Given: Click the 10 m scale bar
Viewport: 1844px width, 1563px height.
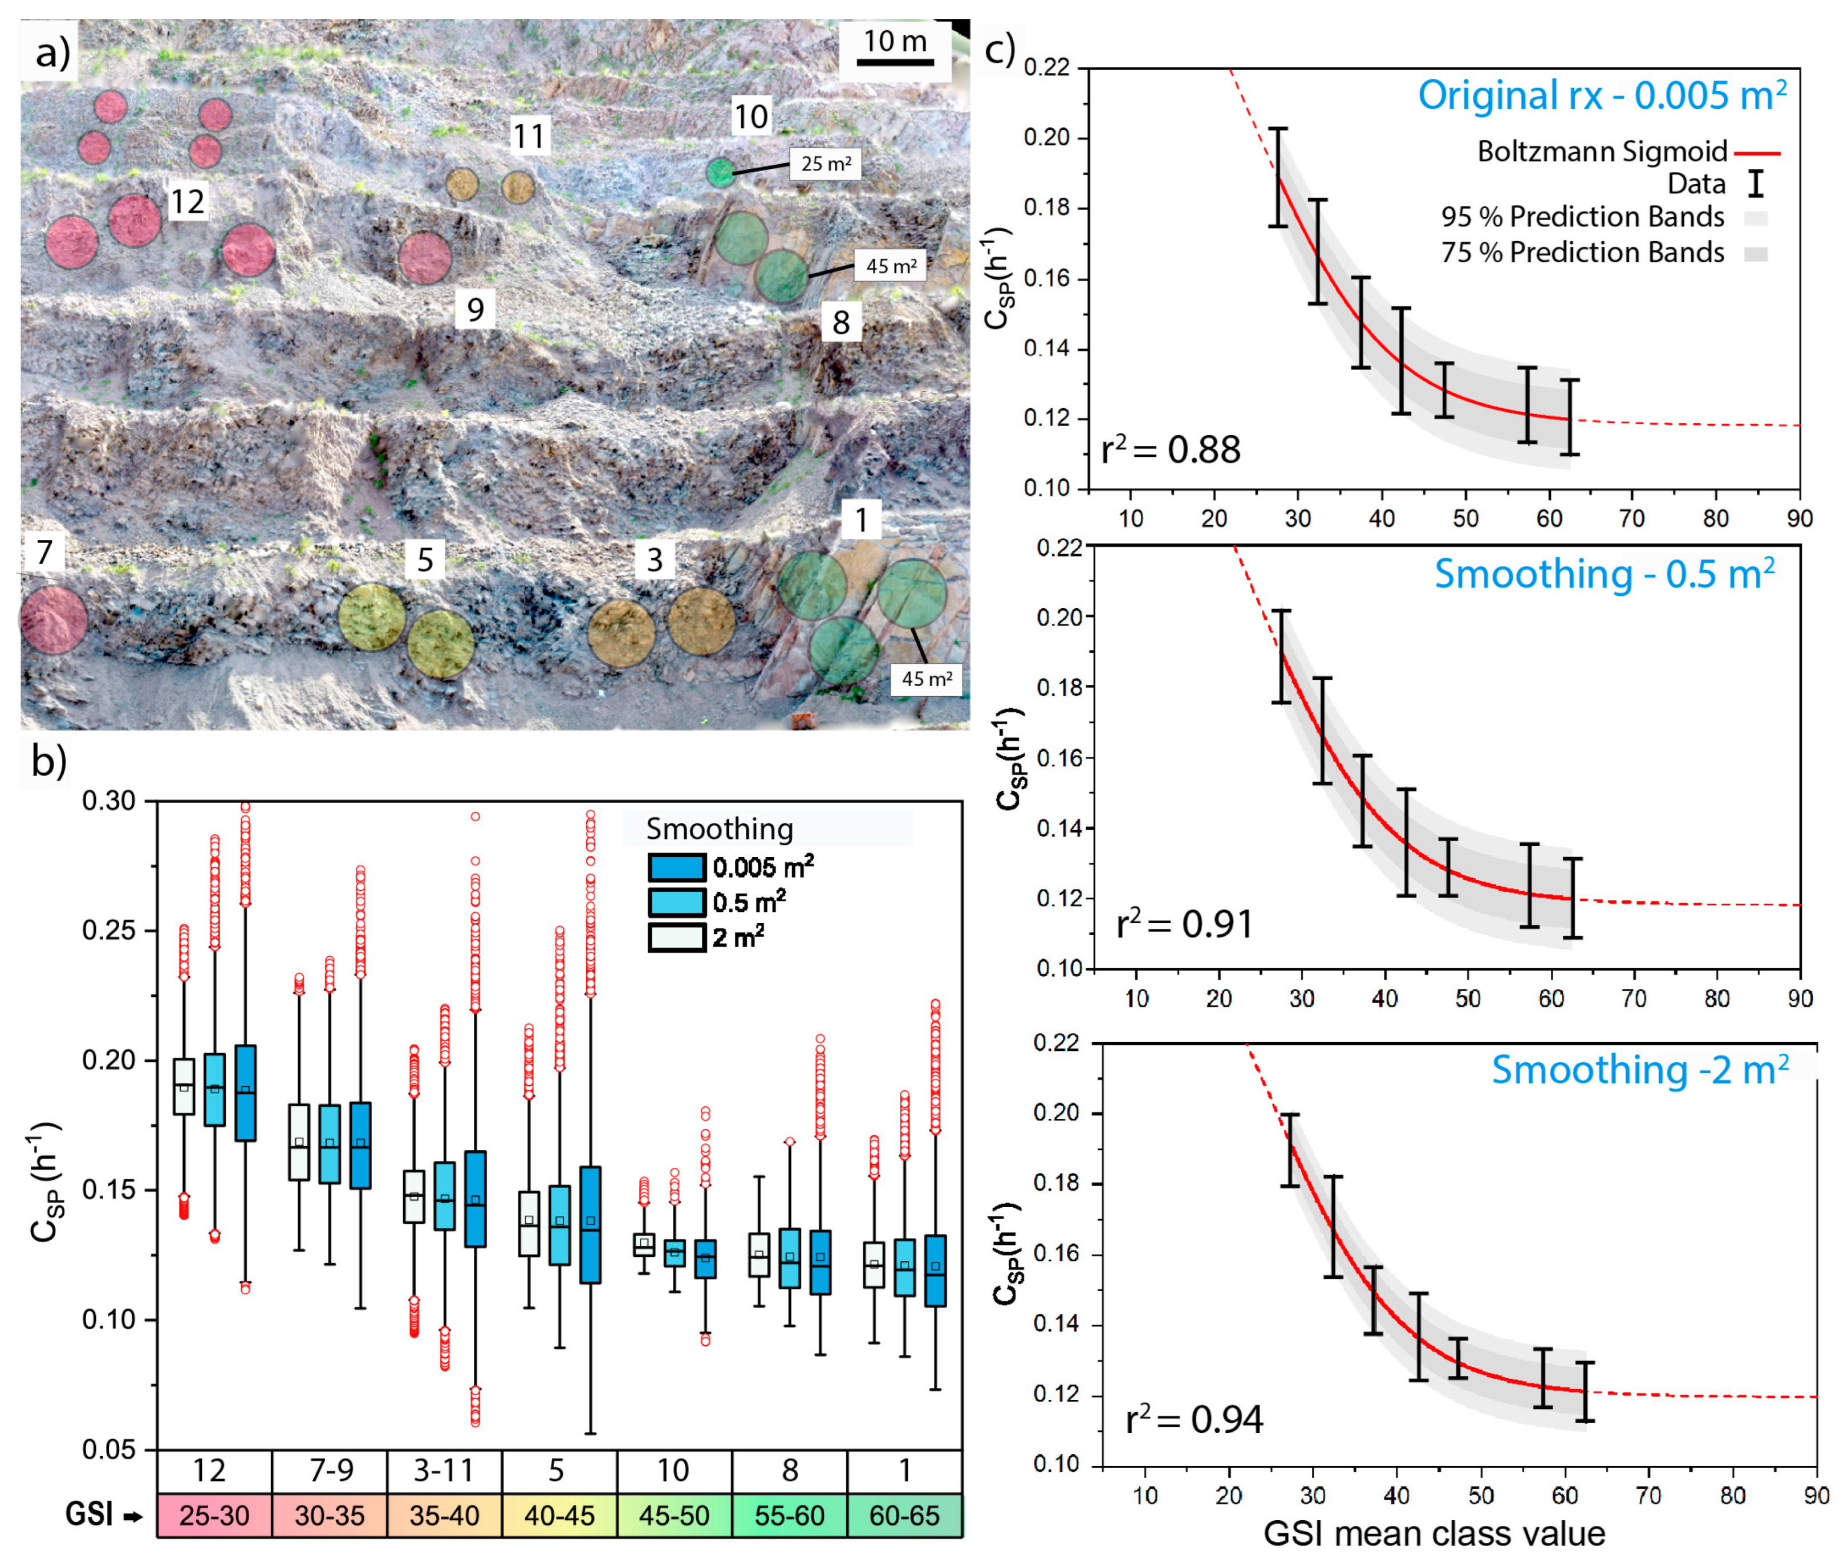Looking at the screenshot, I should (x=895, y=62).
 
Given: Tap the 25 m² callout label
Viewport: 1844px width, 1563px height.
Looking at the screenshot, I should (x=825, y=164).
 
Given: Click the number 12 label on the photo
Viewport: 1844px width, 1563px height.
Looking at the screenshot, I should (x=187, y=202).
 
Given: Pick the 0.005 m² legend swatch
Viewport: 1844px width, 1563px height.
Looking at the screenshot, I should (x=676, y=867).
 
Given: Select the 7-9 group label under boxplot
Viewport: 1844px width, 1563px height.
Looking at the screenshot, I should (x=331, y=1470).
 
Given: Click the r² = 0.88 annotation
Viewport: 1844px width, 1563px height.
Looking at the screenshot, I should (x=1169, y=450).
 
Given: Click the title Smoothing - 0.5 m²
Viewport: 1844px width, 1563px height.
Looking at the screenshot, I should (x=1604, y=574).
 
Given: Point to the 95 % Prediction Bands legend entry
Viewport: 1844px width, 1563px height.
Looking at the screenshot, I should (x=1582, y=217).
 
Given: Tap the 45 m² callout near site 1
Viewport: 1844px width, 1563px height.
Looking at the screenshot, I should (x=926, y=679).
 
